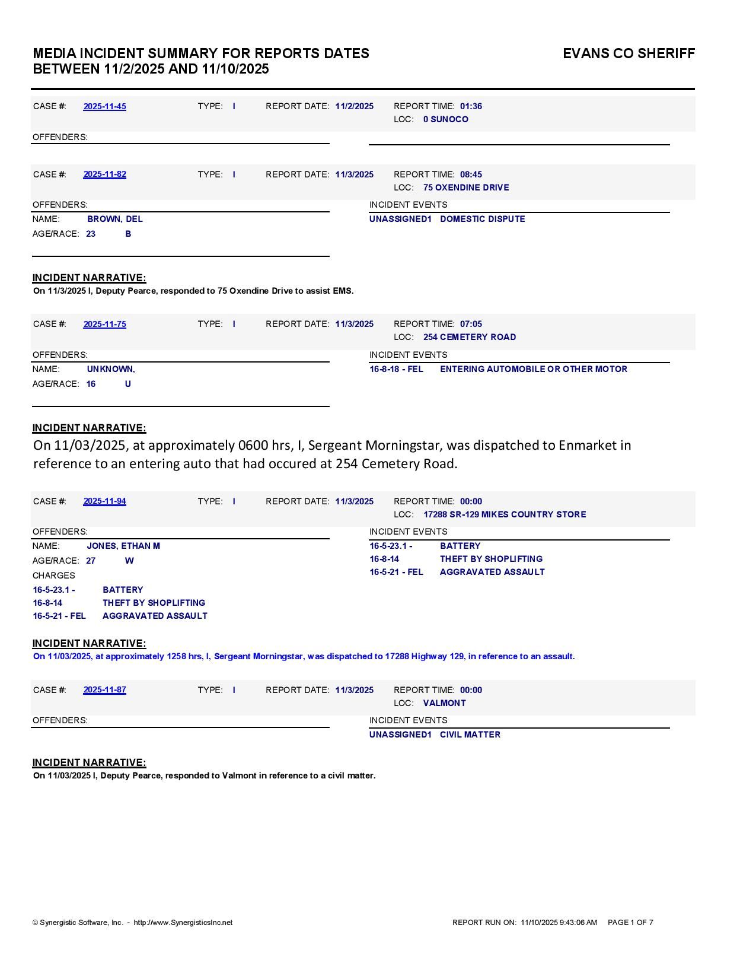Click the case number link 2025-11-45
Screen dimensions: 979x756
point(104,107)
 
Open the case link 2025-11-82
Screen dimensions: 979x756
point(104,174)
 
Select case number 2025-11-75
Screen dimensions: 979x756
point(104,325)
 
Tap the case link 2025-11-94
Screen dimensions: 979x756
point(104,501)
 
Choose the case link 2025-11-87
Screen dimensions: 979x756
point(104,690)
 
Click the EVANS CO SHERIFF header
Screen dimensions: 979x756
point(629,53)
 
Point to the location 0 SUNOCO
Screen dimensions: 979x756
point(445,119)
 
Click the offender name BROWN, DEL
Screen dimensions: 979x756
point(115,219)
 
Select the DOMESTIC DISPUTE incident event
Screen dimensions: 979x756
point(482,219)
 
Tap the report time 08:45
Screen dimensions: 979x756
point(471,174)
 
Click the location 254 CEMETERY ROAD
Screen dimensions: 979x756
point(469,337)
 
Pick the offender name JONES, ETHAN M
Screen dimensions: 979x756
point(123,546)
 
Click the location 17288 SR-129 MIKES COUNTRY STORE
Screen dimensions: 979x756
point(504,514)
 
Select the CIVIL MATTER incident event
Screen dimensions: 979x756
point(470,735)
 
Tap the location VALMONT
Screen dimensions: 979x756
point(444,703)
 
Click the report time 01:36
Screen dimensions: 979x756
point(471,107)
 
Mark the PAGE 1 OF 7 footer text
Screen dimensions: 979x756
point(630,923)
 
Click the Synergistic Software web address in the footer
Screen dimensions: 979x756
point(183,923)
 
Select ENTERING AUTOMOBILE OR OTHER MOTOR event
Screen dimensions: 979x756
point(533,369)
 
